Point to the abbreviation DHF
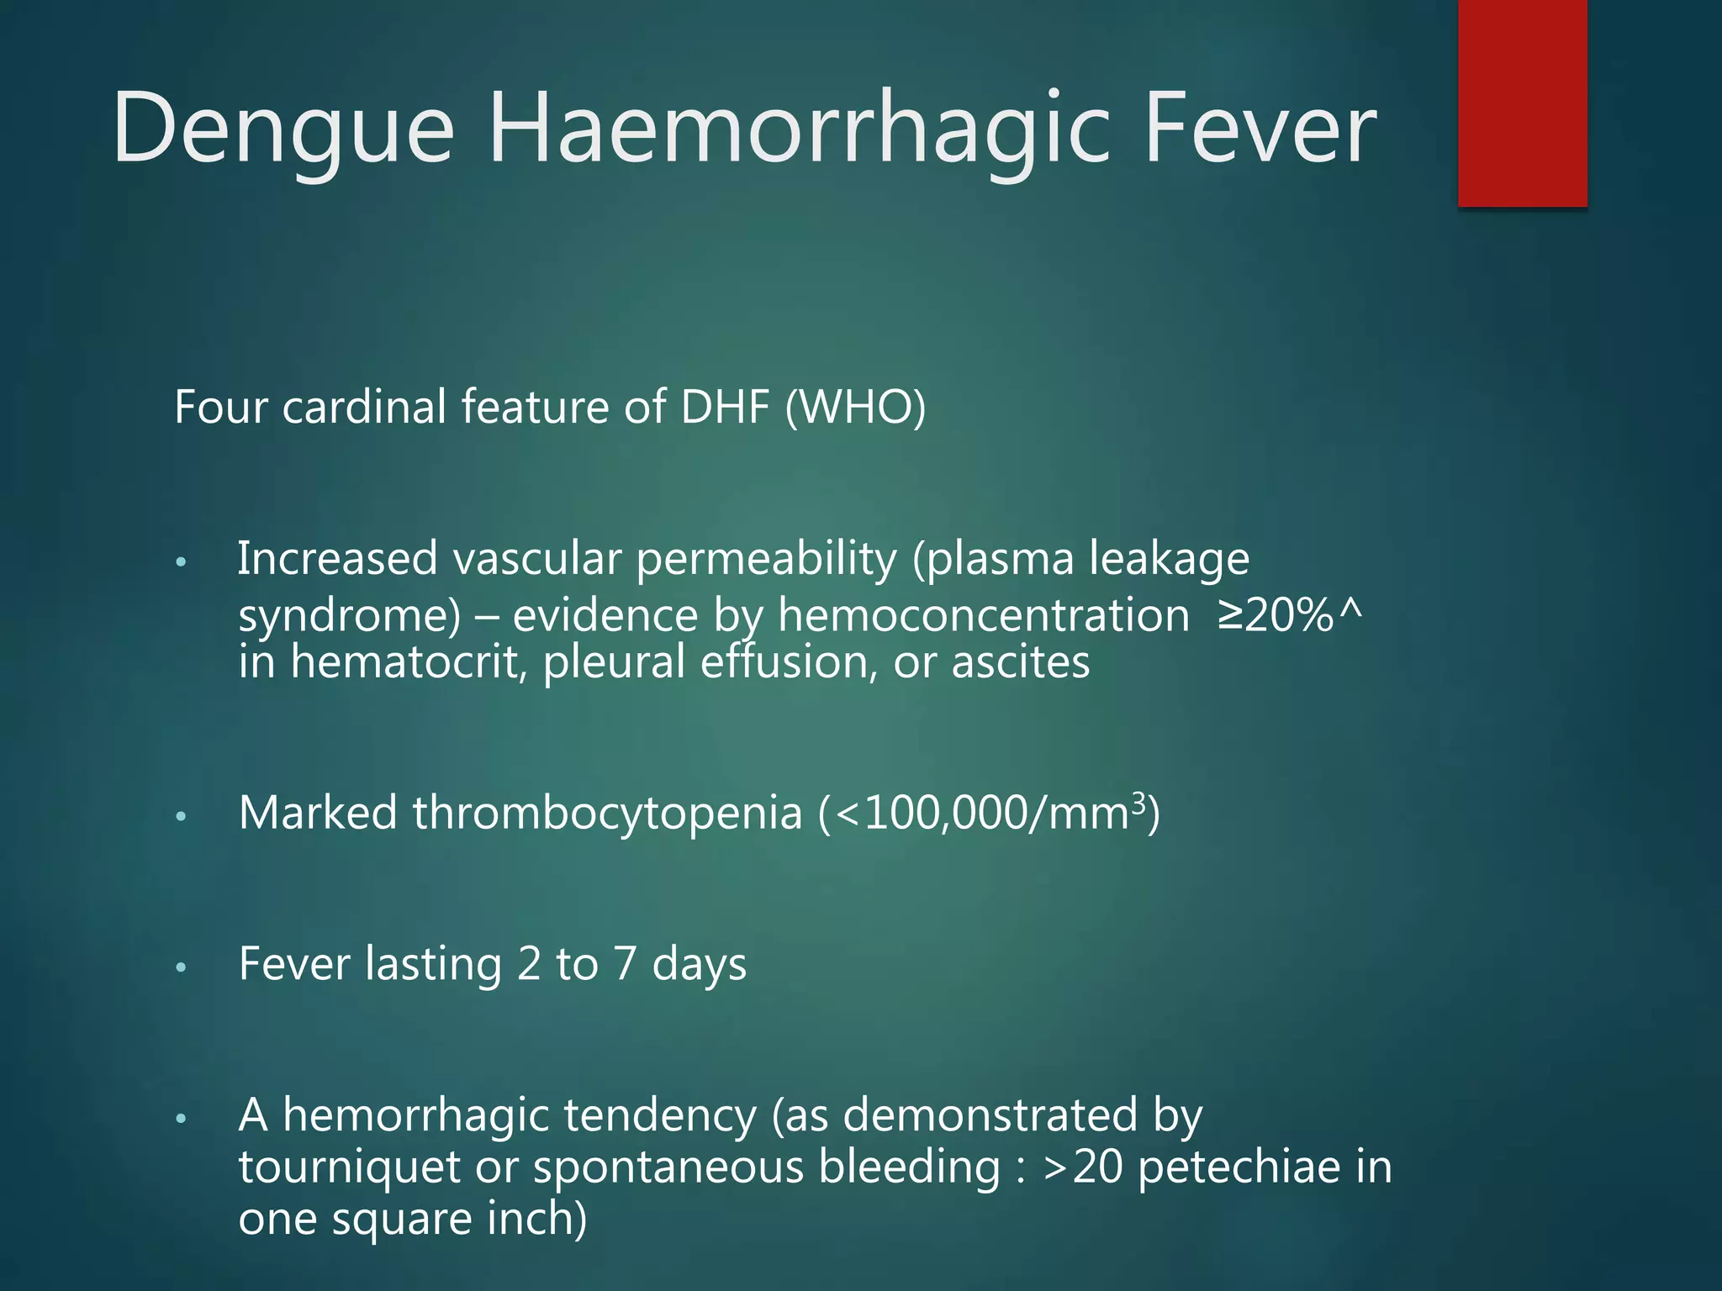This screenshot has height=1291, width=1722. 725,407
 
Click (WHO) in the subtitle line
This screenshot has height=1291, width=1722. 855,408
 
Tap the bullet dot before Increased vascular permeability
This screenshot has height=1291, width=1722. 181,562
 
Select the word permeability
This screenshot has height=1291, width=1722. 766,560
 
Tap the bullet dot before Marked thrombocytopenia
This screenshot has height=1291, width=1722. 181,816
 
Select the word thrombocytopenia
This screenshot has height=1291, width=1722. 607,814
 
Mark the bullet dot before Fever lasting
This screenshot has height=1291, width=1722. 181,967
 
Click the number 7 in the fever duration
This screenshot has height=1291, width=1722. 624,964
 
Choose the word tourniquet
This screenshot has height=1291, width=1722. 349,1168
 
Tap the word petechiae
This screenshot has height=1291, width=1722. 1239,1167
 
